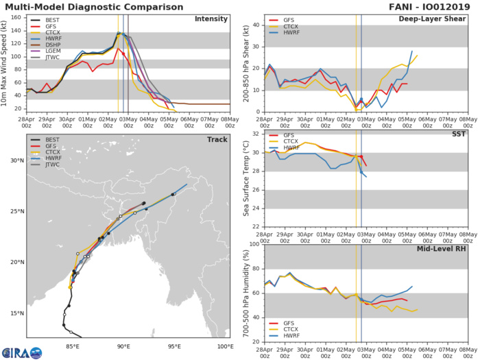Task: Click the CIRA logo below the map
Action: [x=21, y=352]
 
